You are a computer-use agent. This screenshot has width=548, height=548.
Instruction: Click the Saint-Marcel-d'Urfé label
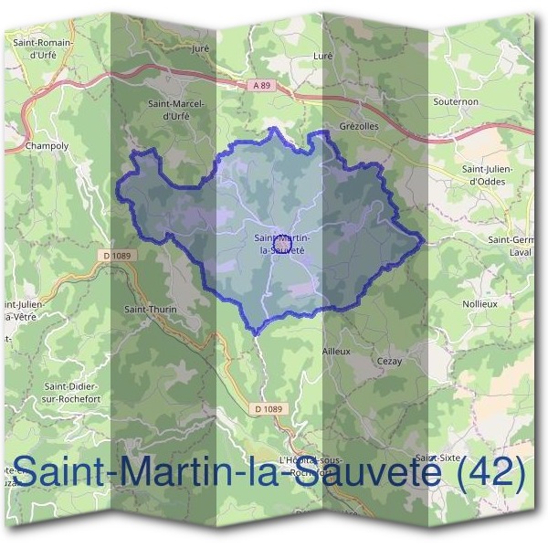tap(177, 110)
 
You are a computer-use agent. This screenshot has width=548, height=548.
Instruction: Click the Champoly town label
tap(47, 145)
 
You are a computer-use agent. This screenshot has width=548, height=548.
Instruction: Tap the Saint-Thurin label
tap(150, 310)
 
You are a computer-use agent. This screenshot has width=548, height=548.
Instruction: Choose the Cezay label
tap(389, 362)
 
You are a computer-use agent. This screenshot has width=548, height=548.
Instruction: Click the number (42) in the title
tap(490, 472)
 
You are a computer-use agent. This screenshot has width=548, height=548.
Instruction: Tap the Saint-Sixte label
tap(437, 457)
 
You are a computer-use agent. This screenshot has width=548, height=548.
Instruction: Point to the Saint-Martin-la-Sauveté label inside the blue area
tap(281, 244)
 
